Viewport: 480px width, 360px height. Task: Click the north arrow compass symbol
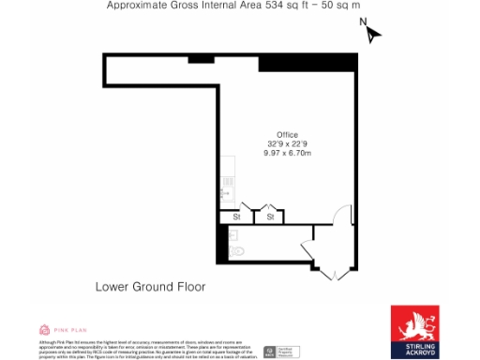tap(373, 35)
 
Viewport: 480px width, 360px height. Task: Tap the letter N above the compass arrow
tap(363, 21)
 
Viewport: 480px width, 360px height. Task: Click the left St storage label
tap(235, 217)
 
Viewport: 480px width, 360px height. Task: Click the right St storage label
tap(270, 217)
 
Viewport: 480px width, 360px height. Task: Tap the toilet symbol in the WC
tap(236, 251)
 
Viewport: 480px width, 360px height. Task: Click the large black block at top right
tap(307, 62)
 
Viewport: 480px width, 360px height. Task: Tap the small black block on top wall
tap(201, 59)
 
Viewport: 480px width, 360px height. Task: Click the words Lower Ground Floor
tap(150, 286)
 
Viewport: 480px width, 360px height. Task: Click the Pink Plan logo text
tap(71, 330)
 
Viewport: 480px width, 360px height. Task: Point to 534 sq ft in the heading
tap(290, 6)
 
